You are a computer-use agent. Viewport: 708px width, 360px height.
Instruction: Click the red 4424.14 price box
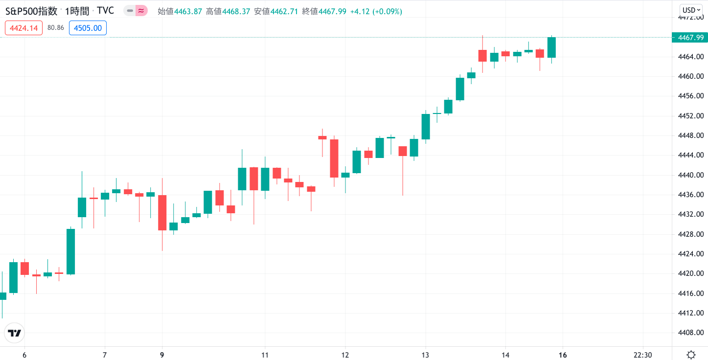click(23, 28)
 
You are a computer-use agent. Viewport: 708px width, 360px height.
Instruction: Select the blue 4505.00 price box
click(88, 28)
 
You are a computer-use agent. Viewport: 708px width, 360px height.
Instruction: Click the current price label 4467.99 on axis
click(690, 38)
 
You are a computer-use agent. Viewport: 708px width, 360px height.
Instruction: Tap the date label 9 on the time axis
click(162, 355)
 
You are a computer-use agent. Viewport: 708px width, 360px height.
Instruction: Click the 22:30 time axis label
click(642, 355)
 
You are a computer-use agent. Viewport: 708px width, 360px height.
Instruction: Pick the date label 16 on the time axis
click(563, 355)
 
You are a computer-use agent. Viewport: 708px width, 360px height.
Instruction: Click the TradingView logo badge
click(15, 333)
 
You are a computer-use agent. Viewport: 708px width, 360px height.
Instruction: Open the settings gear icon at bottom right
click(691, 355)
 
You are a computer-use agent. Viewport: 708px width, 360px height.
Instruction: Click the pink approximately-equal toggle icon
click(141, 10)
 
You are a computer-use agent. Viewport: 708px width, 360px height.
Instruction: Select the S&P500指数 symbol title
click(31, 11)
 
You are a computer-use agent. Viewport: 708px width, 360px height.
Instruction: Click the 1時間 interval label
click(77, 11)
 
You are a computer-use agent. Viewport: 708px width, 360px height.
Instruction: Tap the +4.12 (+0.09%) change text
click(376, 11)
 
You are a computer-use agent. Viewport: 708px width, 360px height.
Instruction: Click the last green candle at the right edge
click(551, 47)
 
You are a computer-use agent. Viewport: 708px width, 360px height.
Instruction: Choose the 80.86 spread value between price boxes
click(56, 28)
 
